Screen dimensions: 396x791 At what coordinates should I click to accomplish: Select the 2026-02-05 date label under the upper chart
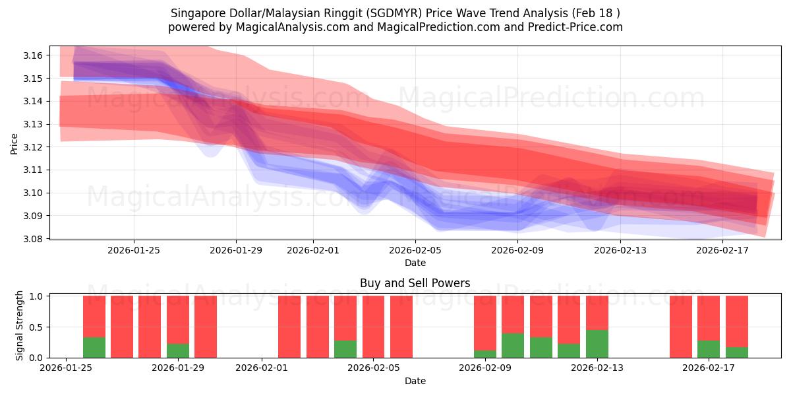coord(415,250)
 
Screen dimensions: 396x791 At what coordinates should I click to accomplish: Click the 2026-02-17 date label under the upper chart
coord(722,250)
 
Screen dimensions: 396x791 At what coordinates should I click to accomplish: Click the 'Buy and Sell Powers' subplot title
coord(415,283)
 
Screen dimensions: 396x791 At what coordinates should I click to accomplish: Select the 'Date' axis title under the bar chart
coord(415,381)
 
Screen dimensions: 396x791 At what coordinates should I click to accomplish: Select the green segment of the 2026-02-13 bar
coord(597,344)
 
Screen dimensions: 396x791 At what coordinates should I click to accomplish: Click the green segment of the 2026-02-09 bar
coord(485,354)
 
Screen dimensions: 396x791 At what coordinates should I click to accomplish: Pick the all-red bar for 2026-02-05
coord(373,327)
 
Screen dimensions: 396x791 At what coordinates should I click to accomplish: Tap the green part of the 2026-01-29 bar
coord(178,350)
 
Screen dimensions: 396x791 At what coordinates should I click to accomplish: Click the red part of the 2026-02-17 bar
coord(709,317)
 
